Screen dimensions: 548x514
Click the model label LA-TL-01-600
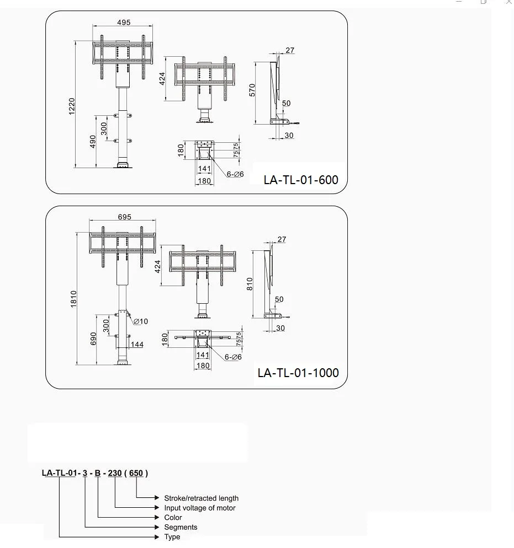301,180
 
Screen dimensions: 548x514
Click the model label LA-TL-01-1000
298,373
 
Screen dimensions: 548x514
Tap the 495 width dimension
124,23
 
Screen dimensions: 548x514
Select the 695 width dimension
124,217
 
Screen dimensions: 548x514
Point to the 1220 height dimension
72,106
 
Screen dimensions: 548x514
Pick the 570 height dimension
252,91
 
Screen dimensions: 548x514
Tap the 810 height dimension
250,284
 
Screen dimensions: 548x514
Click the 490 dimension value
93,142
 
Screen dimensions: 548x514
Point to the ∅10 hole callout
141,321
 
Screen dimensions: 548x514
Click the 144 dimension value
137,345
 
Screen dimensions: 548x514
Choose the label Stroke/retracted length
201,498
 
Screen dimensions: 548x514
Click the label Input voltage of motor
199,508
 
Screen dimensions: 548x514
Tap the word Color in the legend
173,518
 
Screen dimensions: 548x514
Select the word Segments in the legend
181,527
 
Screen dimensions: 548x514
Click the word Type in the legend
172,537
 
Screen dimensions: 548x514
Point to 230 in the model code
115,472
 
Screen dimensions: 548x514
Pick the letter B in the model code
98,472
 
